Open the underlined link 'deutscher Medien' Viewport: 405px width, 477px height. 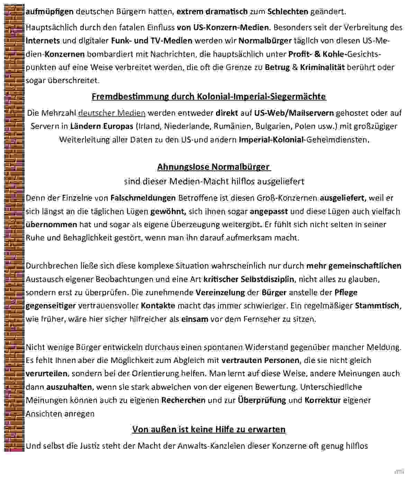(x=112, y=113)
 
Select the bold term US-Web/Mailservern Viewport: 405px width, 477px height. (x=294, y=113)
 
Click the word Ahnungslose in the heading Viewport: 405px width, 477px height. (x=183, y=167)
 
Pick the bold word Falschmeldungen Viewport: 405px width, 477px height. (x=143, y=198)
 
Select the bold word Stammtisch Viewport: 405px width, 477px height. (x=377, y=306)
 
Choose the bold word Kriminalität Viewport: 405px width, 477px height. (x=322, y=67)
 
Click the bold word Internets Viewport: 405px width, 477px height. (x=43, y=41)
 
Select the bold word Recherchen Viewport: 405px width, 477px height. (x=183, y=400)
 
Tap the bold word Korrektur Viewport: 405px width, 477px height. (x=323, y=400)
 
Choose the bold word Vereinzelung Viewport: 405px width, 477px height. (x=220, y=292)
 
